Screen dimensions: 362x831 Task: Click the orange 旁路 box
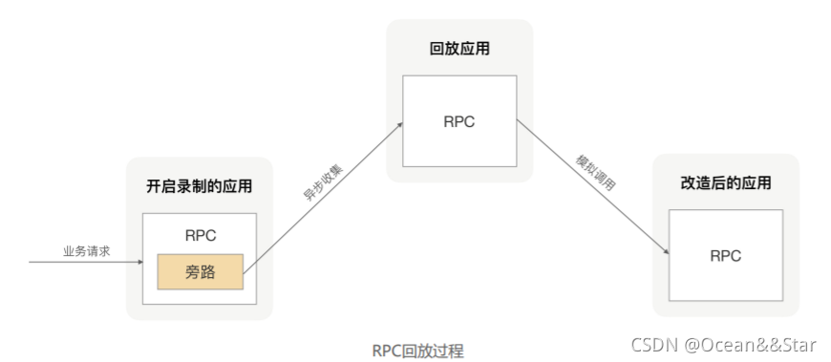[x=201, y=272]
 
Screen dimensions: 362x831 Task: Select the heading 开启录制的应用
[x=200, y=186]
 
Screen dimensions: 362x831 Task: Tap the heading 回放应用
[x=458, y=48]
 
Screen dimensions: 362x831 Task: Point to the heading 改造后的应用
[x=725, y=182]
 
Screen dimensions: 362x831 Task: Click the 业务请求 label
[x=87, y=250]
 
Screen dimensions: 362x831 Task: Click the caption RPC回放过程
[x=417, y=351]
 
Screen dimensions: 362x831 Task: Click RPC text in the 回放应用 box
[x=458, y=121]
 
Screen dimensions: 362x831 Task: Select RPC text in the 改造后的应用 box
[x=725, y=256]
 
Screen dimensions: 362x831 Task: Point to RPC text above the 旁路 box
[x=200, y=236]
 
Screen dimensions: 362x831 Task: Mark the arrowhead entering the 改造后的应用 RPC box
[x=665, y=251]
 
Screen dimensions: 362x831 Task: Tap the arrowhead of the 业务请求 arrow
[x=138, y=260]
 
